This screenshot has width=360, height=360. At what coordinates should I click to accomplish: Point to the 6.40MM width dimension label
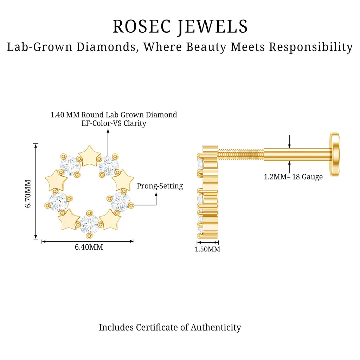coord(89,247)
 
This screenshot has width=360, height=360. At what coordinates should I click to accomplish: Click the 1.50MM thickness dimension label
coord(207,249)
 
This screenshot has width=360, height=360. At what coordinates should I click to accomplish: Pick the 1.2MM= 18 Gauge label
coord(293,177)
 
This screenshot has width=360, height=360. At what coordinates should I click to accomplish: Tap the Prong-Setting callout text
coord(160,186)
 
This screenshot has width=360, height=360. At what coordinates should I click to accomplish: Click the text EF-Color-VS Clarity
coord(114,123)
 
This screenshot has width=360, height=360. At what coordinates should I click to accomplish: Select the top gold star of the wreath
coord(89,156)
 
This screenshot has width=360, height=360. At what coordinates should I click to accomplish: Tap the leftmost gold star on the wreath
coord(56,180)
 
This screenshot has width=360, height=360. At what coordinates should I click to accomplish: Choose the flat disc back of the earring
coord(334,152)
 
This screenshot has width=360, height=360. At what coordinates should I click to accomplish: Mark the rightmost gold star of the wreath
coord(123,180)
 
